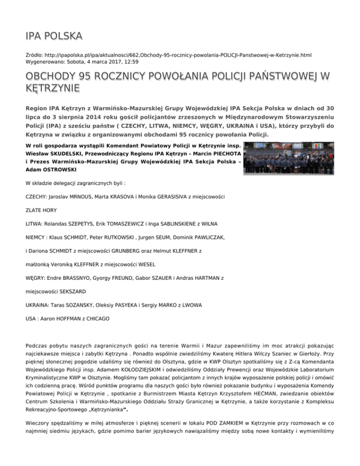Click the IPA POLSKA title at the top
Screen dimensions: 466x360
click(x=54, y=36)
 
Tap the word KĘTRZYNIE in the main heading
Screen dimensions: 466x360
click(x=52, y=88)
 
